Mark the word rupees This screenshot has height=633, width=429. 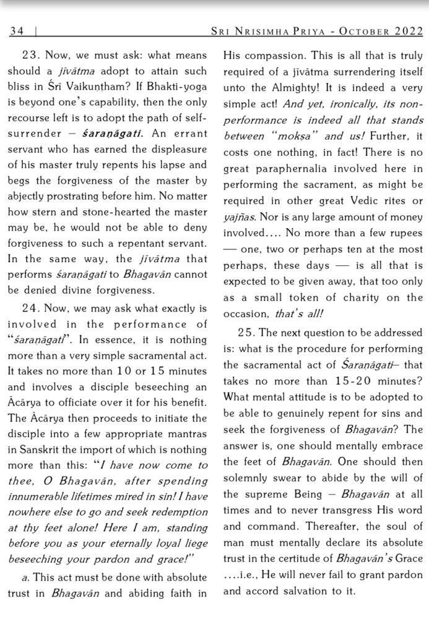coord(404,233)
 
